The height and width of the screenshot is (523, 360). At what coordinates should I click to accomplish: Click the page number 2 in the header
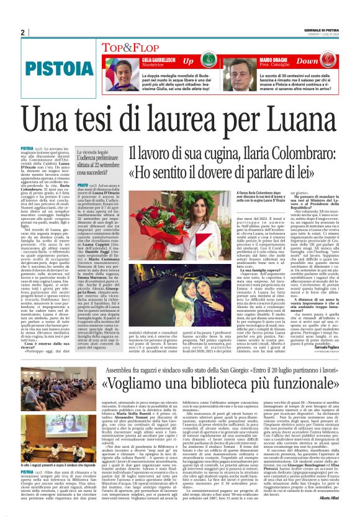click(x=22, y=33)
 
